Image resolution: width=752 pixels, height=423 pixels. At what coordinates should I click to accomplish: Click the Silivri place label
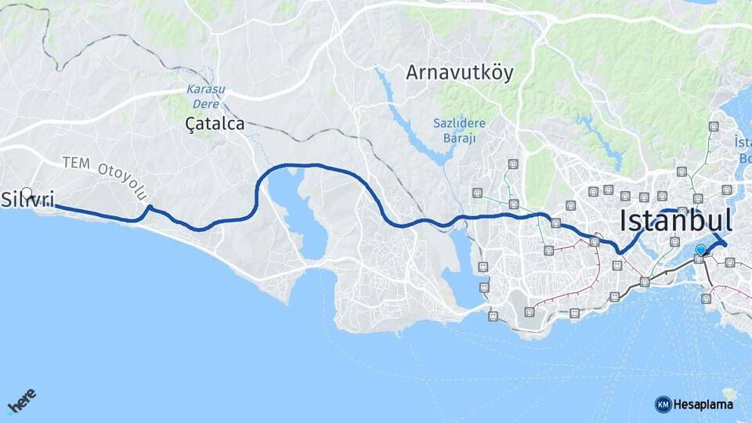coord(28,200)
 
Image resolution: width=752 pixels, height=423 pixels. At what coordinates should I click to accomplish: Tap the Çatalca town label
coord(215,124)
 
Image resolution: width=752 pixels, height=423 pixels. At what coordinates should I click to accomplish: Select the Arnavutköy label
coord(459,73)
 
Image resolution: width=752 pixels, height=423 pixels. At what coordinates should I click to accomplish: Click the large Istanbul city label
coord(676,221)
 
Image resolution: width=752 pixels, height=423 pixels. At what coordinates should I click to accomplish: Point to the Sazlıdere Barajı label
coord(459,131)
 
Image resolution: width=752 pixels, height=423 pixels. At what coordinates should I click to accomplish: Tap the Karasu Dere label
coord(205,96)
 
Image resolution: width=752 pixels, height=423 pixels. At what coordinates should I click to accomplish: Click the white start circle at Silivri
coord(27,193)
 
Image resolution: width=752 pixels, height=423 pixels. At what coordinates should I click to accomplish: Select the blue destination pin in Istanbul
coord(700,251)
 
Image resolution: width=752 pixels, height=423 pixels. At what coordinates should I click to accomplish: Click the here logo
coord(22,401)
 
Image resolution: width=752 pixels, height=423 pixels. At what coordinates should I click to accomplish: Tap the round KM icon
coord(663,404)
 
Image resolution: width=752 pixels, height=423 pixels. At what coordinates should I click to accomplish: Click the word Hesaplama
coord(703,405)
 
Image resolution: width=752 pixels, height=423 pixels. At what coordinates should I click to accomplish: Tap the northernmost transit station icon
coord(713,126)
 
